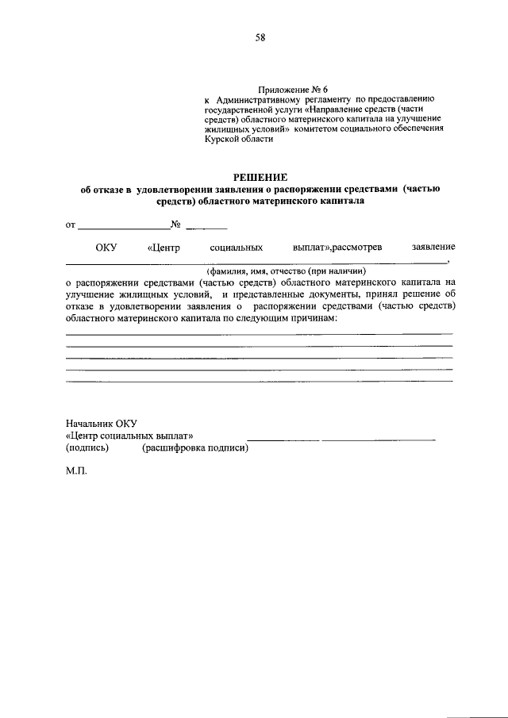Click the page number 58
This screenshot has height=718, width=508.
point(260,37)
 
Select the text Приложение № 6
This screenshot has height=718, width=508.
point(293,90)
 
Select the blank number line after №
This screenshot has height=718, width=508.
point(206,226)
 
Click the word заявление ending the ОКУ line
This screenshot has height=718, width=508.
point(433,248)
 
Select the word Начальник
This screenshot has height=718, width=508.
point(90,424)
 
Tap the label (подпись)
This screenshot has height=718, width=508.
point(87,448)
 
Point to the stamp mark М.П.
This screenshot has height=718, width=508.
point(77,470)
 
